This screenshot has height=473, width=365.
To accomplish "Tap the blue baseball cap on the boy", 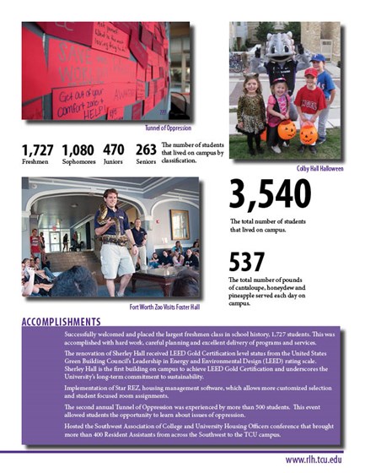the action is tap(318, 58).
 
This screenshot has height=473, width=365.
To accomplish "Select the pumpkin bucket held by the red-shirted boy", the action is tap(308, 133).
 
